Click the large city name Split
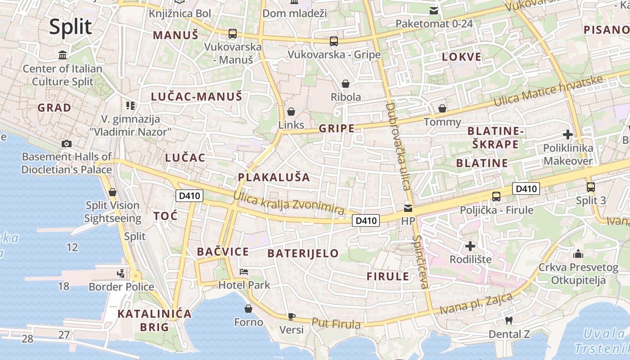[x=71, y=27]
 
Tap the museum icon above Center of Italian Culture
[x=63, y=55]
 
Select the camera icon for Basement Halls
[x=67, y=144]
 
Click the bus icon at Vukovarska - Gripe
[x=333, y=41]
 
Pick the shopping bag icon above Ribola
[x=346, y=83]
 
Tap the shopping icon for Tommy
[x=442, y=108]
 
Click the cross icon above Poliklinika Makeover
[x=567, y=134]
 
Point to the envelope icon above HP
[x=408, y=208]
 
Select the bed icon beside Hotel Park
[x=244, y=271]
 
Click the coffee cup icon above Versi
[x=291, y=316]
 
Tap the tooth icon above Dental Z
[x=509, y=320]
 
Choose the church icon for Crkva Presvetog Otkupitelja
[x=578, y=254]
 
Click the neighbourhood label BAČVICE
[x=223, y=252]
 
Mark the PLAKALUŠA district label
[x=274, y=177]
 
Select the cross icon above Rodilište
[x=470, y=246]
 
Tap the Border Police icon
[x=121, y=273]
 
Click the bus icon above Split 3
[x=590, y=187]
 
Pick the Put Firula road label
[x=336, y=323]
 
